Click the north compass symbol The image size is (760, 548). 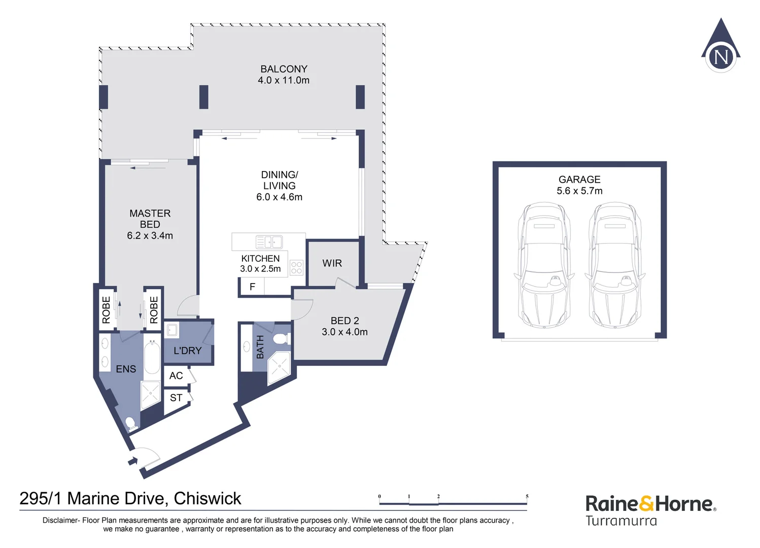720,48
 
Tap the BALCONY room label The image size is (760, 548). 284,69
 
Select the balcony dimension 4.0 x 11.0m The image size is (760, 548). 284,80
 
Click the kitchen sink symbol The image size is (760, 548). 269,242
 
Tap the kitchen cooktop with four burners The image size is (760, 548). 296,268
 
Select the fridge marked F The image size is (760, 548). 252,287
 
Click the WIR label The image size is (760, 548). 332,263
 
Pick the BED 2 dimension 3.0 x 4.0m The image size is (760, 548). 344,332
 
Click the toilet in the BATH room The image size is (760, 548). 281,338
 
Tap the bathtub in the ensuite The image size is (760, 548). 152,358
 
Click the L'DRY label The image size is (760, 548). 187,351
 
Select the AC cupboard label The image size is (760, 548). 176,376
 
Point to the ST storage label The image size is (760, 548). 176,398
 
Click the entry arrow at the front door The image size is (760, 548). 133,461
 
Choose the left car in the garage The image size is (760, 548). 544,265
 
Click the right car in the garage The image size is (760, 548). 615,265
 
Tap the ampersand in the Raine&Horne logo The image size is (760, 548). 646,504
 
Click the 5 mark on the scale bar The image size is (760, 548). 527,497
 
